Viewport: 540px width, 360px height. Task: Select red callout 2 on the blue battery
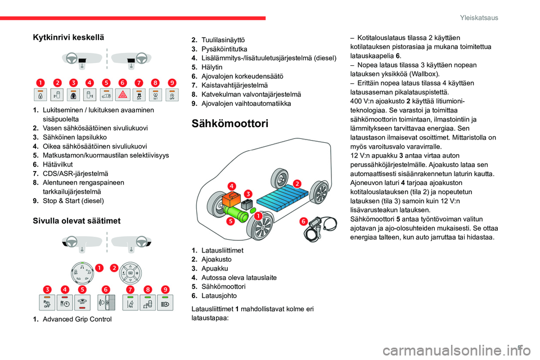297,183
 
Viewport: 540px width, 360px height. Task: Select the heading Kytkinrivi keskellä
68,37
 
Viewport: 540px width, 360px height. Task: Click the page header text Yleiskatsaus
482,18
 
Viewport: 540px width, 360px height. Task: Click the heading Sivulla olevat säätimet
76,221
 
